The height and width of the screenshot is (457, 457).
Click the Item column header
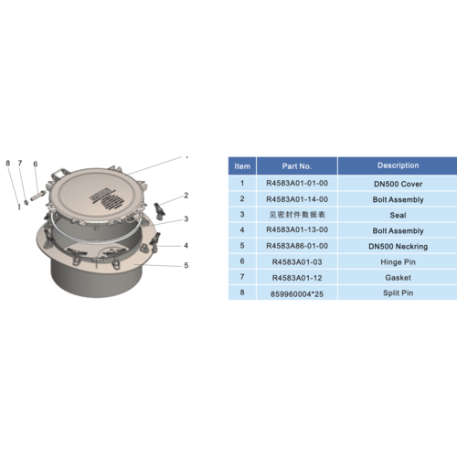[242, 166]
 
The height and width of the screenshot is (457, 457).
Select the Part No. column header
[297, 166]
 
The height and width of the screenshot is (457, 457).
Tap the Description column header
[397, 165]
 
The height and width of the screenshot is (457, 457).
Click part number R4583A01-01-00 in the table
[297, 183]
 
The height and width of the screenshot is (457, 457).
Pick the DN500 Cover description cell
[397, 183]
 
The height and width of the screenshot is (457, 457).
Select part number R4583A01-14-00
[297, 199]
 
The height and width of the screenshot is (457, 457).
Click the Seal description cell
[397, 215]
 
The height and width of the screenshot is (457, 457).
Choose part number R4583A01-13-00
[297, 230]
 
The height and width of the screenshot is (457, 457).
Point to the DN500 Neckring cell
[397, 247]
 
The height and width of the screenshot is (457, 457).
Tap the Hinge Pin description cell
[397, 262]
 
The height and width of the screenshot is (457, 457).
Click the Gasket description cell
[397, 278]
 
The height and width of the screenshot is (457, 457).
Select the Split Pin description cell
[397, 293]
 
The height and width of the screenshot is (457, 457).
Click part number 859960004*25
[297, 293]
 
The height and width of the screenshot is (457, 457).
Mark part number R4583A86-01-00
[297, 247]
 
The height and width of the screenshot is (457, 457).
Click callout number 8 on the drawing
[8, 164]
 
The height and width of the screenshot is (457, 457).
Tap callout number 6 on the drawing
[35, 164]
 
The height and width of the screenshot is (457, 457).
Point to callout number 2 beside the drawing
[186, 195]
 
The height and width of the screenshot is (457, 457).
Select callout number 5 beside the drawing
[186, 266]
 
